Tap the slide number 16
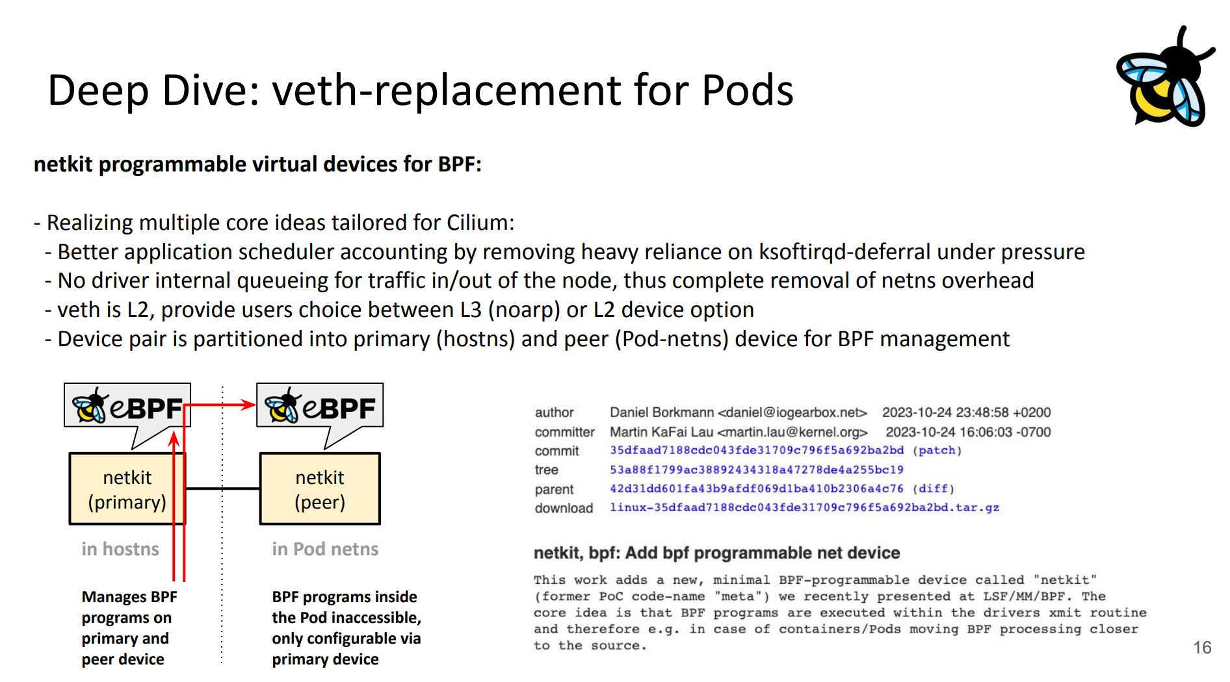click(x=1202, y=648)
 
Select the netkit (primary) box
click(x=127, y=489)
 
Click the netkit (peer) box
click(x=320, y=489)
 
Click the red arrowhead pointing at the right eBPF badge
click(x=248, y=405)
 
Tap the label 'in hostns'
click(x=120, y=549)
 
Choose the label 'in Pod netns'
click(x=325, y=549)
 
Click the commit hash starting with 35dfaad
click(x=757, y=450)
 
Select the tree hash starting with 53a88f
click(x=757, y=470)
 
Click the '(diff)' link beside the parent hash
click(x=934, y=488)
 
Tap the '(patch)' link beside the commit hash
click(x=937, y=450)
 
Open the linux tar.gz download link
click(x=804, y=507)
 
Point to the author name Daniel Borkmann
click(x=662, y=412)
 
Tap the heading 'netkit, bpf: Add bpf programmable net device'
click(x=716, y=553)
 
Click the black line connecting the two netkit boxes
click(x=223, y=488)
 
